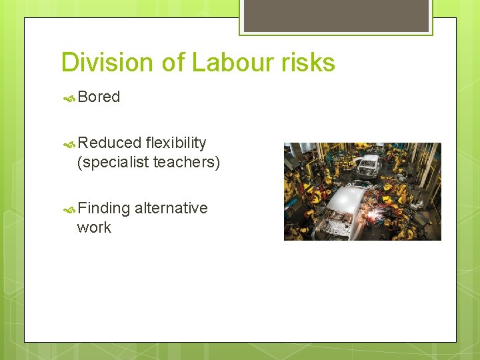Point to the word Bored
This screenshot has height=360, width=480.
[x=99, y=97]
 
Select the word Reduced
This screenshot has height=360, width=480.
[x=109, y=143]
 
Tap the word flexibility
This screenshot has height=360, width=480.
[x=176, y=143]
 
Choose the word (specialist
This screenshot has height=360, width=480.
[x=113, y=162]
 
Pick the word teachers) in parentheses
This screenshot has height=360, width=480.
[x=187, y=162]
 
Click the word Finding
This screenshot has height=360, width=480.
[x=103, y=209]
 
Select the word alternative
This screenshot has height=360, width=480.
[x=171, y=208]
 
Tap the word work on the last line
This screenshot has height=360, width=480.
[x=94, y=227]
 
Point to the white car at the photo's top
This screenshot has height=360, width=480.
[x=368, y=163]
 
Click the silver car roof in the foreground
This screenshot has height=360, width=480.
[x=347, y=198]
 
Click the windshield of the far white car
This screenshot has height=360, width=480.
[x=368, y=161]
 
